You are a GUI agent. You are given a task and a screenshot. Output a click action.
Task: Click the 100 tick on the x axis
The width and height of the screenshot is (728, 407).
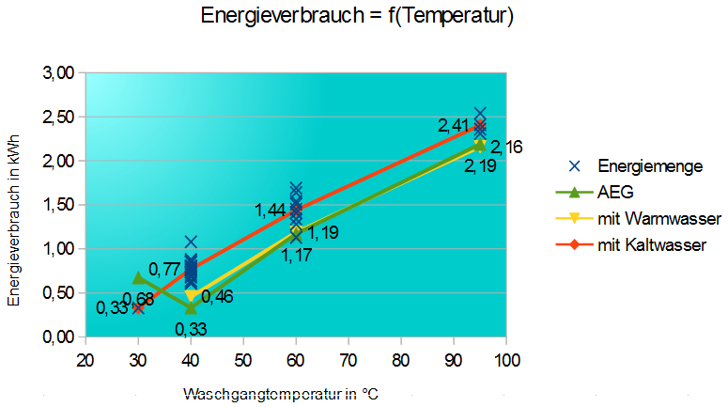(x=506, y=360)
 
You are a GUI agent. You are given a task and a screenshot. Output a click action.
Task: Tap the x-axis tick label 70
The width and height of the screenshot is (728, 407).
(x=349, y=360)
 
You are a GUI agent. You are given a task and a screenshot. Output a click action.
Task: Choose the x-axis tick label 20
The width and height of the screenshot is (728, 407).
(x=85, y=360)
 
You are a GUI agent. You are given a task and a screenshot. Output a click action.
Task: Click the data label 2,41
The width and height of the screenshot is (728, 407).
(x=454, y=125)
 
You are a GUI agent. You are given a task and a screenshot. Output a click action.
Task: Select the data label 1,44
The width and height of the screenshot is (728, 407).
(x=271, y=210)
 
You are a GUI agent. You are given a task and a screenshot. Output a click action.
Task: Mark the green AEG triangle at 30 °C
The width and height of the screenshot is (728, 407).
(x=138, y=277)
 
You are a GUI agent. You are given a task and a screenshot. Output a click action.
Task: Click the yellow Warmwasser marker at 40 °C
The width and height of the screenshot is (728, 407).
(x=191, y=296)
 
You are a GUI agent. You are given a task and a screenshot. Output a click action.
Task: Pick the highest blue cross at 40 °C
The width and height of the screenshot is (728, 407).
(x=191, y=243)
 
